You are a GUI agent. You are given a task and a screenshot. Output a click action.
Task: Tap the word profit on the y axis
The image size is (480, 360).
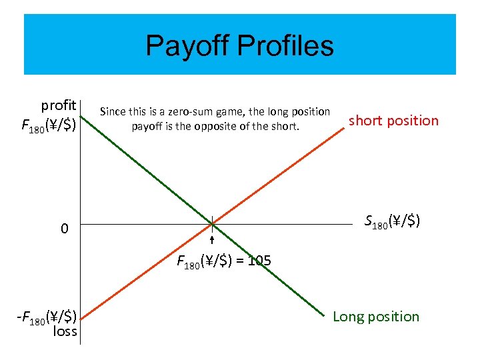coord(59,105)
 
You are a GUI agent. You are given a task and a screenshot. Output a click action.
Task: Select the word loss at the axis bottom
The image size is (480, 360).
coord(65,331)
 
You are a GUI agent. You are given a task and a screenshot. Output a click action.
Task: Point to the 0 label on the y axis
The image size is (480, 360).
coord(64,229)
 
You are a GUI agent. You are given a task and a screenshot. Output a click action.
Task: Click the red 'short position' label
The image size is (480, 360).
coord(393,121)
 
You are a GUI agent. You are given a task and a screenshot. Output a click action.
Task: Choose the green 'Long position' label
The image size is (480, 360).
coord(376,316)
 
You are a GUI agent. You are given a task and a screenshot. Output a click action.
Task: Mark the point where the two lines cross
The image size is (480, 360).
coord(211,223)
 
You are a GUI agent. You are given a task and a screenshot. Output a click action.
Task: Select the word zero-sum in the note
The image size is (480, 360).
coord(175,111)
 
